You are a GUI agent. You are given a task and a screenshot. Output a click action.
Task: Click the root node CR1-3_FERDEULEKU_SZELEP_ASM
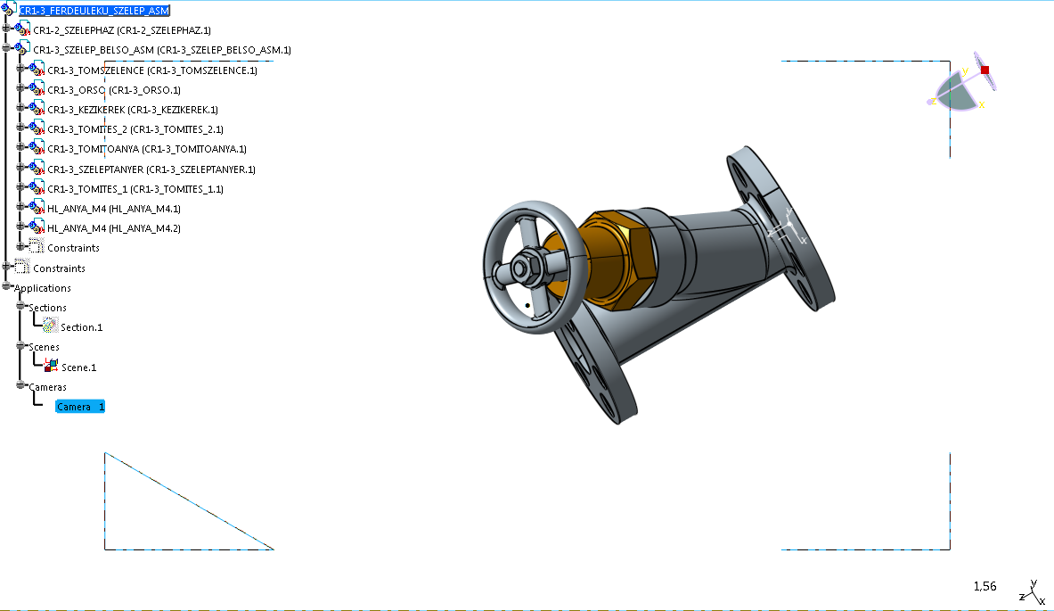pos(94,11)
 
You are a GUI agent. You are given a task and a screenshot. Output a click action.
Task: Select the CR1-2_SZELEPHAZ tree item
pos(122,30)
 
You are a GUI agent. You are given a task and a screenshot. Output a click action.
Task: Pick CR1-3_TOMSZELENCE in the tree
pos(152,70)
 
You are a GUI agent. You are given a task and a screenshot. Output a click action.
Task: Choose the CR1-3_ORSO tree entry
pos(114,90)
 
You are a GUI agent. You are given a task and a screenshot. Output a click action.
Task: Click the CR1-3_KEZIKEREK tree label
pos(133,110)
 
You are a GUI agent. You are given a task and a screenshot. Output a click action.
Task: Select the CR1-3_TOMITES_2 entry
pos(135,129)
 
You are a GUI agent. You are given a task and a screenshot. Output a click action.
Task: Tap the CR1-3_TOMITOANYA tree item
pos(146,149)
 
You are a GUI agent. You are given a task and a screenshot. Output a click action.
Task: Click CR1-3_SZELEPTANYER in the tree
pos(151,169)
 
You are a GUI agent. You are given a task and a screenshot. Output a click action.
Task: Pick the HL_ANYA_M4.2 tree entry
pos(114,228)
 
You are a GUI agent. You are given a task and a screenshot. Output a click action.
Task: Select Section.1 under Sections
pos(81,327)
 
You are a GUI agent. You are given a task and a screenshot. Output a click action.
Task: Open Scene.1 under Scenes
pos(78,367)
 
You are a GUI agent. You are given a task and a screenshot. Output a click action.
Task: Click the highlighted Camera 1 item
pos(80,407)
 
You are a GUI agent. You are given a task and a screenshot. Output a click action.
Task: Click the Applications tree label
pos(43,288)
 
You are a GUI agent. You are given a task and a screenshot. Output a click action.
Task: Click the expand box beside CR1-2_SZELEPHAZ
pos(6,29)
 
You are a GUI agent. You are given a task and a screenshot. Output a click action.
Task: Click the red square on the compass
pos(985,70)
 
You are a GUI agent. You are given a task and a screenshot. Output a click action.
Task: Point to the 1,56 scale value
pos(985,586)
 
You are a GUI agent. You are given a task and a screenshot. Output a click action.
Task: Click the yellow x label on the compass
pos(982,104)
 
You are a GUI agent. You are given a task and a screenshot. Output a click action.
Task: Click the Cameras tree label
pos(47,387)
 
